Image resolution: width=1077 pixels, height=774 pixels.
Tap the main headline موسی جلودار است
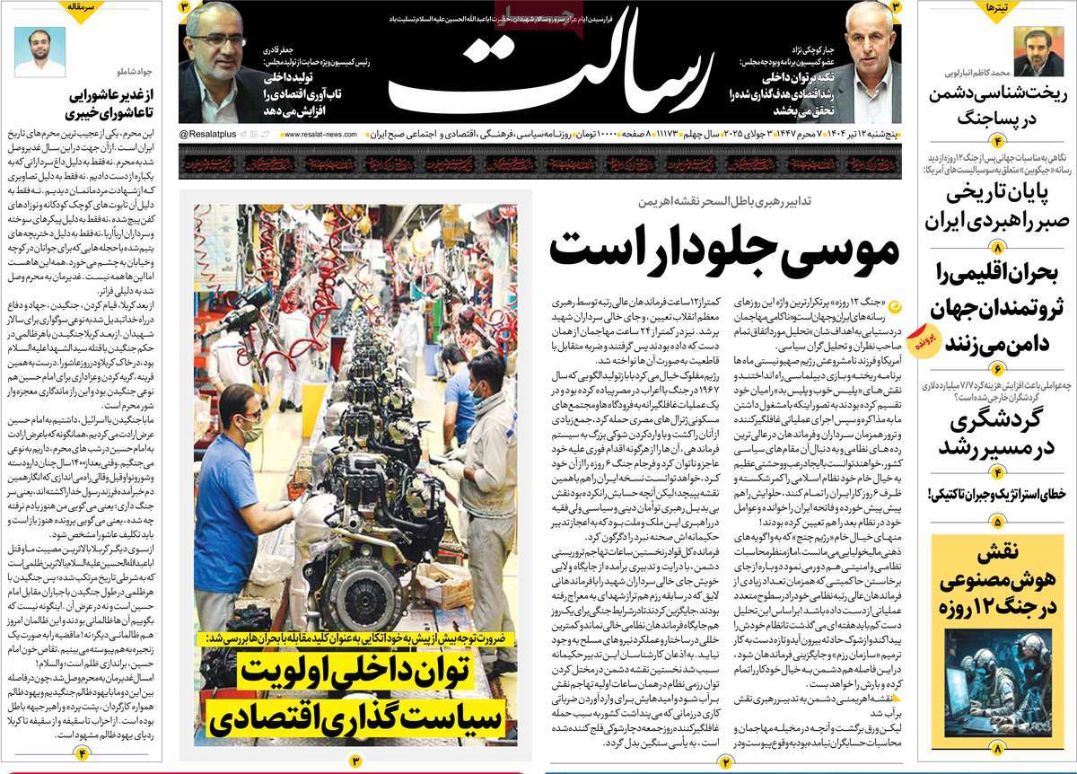pyautogui.click(x=723, y=249)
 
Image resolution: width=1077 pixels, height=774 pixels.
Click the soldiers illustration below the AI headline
pyautogui.click(x=989, y=687)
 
